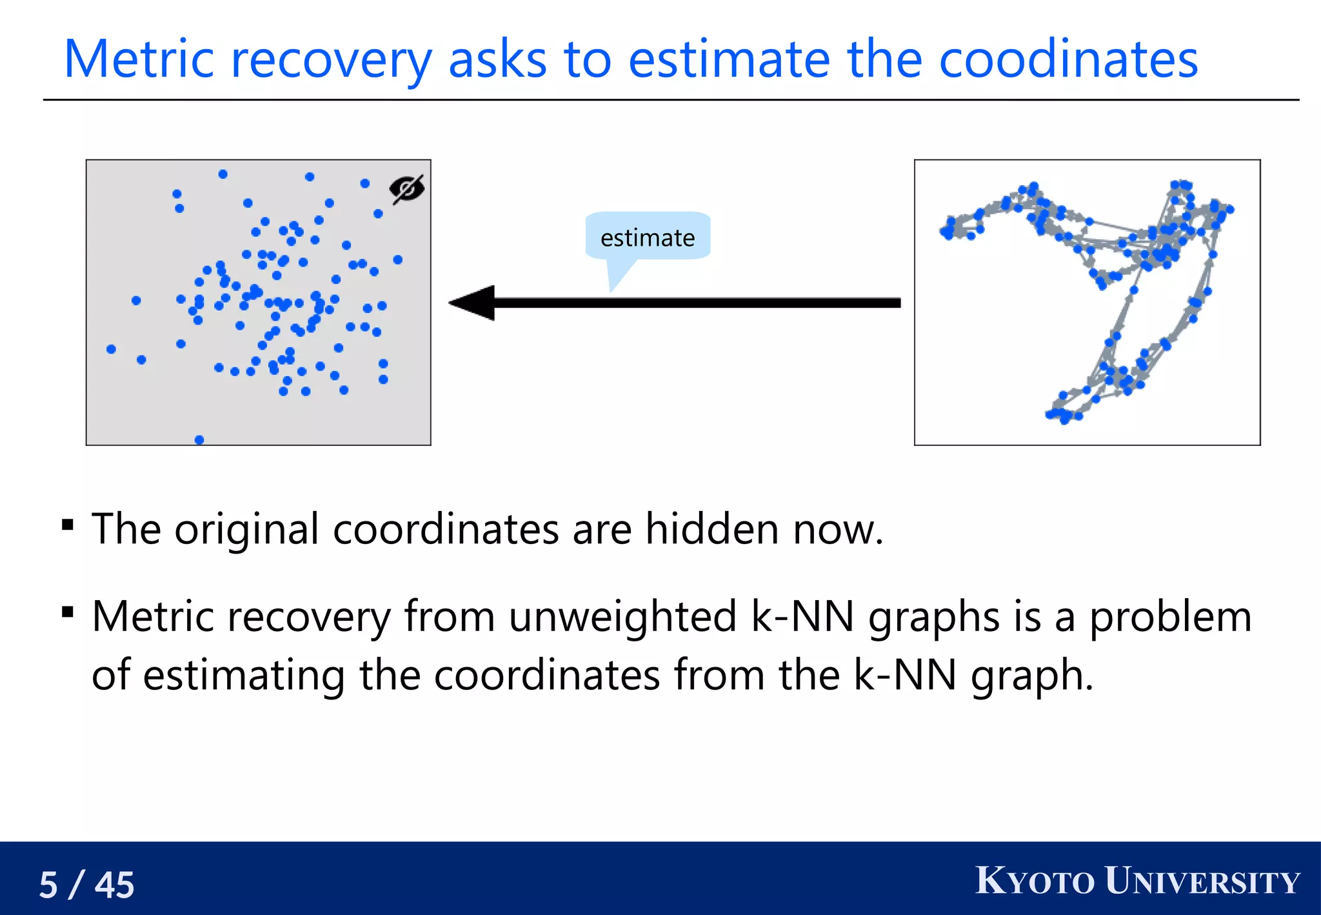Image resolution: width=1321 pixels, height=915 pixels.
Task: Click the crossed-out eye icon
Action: click(407, 188)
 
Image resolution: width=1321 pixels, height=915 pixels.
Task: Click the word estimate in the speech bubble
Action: click(648, 238)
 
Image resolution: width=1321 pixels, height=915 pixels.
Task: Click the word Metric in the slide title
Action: click(139, 59)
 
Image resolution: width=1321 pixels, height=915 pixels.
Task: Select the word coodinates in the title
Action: click(1068, 59)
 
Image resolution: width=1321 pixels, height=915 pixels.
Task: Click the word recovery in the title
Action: click(331, 61)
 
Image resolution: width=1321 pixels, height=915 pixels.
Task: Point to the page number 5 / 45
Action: click(86, 884)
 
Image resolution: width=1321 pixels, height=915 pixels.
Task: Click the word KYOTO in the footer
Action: click(1035, 881)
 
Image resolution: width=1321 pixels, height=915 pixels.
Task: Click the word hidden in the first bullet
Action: click(712, 529)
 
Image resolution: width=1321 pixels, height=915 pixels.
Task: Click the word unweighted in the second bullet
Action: click(622, 616)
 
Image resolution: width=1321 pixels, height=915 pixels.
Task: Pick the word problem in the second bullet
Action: click(1170, 618)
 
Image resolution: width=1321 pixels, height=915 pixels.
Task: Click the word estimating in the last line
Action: click(244, 676)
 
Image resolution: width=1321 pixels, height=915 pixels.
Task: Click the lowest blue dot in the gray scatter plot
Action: click(199, 440)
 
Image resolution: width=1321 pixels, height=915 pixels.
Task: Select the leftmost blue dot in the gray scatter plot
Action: click(111, 349)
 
